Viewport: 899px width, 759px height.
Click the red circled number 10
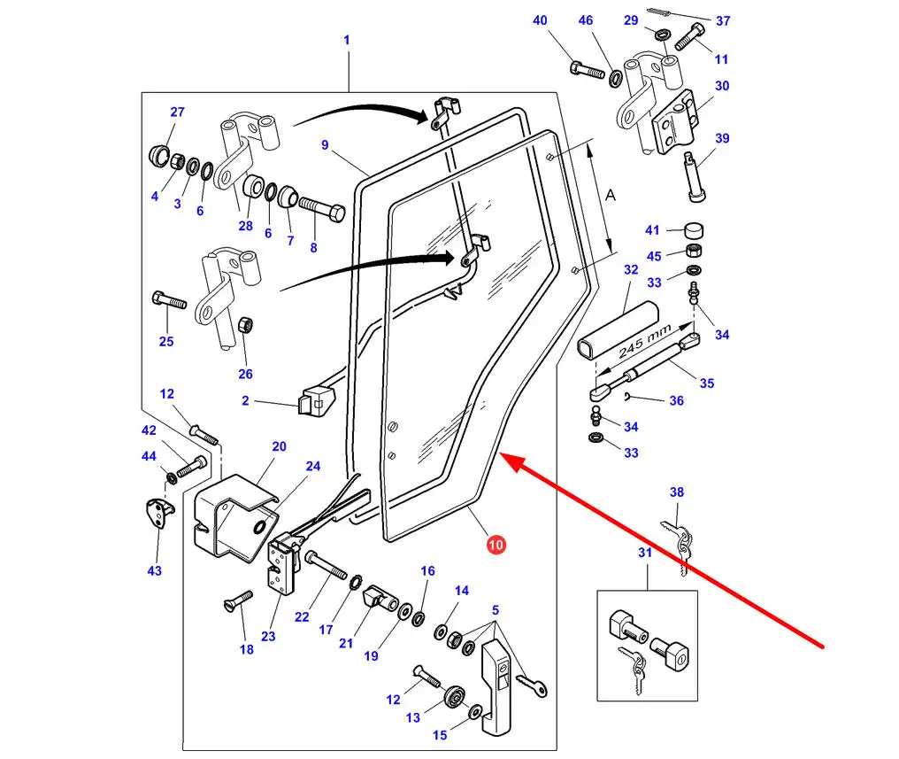tap(496, 545)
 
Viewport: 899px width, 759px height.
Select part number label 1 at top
tap(347, 40)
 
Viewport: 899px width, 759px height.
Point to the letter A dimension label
tap(610, 197)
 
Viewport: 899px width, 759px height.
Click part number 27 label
tap(178, 112)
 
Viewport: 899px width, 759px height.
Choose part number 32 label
tap(630, 268)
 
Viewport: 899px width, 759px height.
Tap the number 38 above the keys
tap(677, 492)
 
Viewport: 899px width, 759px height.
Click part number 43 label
tap(155, 570)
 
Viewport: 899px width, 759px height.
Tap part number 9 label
tap(325, 144)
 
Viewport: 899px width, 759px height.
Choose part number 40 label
tap(540, 20)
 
